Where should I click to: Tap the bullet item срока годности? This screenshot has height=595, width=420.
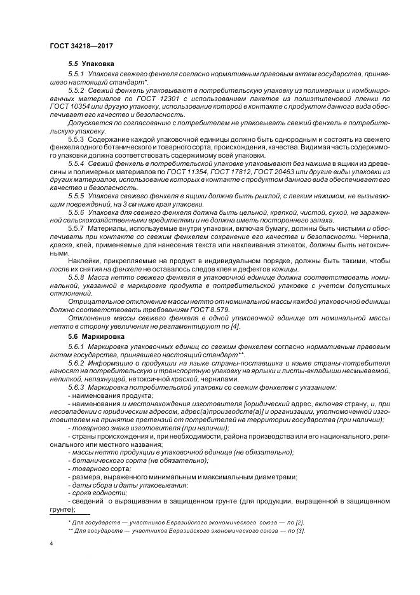click(x=93, y=492)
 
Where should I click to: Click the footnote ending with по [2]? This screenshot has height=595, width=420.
click(x=186, y=522)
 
